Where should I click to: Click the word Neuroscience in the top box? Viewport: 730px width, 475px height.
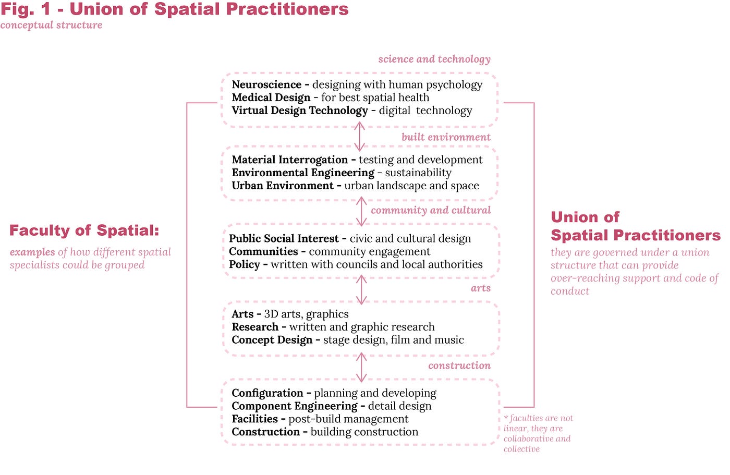[266, 84]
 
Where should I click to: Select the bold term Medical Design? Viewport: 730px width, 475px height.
[271, 98]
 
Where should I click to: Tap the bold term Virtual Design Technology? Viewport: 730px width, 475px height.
[299, 111]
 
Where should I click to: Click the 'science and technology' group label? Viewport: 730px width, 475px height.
[434, 59]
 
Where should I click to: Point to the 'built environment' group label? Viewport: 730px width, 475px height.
[446, 137]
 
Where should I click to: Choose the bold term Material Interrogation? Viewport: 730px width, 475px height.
[289, 160]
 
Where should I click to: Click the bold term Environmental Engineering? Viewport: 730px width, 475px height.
[303, 173]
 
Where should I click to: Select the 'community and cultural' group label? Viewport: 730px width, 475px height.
[431, 210]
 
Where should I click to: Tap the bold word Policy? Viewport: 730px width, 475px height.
[244, 264]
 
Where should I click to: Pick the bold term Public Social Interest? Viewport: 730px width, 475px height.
[284, 239]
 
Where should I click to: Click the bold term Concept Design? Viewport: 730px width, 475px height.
[272, 340]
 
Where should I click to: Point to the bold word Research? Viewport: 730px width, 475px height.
[255, 327]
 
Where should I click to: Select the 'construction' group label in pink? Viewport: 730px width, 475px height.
[459, 366]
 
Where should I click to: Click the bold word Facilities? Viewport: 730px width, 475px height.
[254, 419]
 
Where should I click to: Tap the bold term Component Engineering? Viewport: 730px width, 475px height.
[295, 406]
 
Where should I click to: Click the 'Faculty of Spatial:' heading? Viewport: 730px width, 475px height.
[84, 230]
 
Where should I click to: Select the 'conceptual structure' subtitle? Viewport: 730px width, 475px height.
[51, 25]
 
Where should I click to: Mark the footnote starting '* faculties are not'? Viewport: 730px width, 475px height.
[538, 433]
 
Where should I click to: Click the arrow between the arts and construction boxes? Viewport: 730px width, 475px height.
[361, 368]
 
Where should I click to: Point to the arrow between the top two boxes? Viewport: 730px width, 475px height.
[359, 137]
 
